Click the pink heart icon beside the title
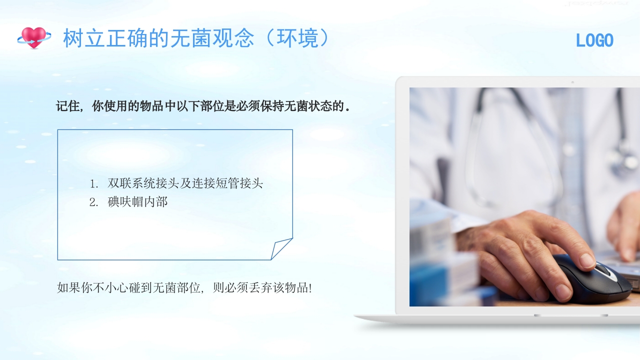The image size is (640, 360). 33,37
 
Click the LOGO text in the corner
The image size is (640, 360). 594,40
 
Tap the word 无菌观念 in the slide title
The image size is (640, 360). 212,38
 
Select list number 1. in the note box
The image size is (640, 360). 94,183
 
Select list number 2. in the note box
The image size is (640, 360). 94,202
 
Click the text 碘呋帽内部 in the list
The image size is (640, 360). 137,202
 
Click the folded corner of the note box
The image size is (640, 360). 281,248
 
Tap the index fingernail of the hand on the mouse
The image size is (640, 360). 587,260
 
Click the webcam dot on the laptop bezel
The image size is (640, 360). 572,82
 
